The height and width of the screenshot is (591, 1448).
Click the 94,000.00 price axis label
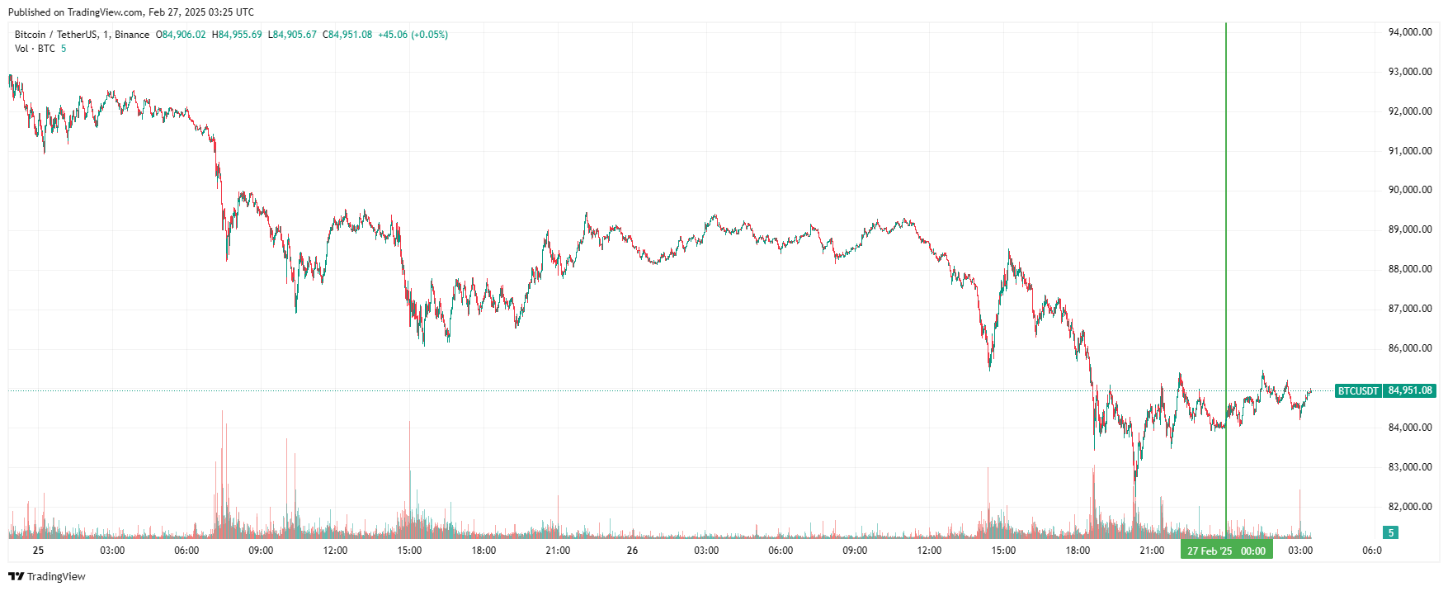(1409, 32)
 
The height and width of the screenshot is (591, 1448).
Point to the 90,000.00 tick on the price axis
(1409, 190)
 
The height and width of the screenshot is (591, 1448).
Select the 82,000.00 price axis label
(1409, 507)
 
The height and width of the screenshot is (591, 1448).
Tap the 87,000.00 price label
(1409, 309)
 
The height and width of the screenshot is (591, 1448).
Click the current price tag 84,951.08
(1410, 390)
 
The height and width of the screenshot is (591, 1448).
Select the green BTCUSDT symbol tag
(1358, 390)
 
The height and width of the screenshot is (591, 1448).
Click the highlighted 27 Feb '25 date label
(1210, 551)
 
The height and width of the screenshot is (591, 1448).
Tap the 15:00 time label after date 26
(1003, 551)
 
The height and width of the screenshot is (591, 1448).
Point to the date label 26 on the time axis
(632, 551)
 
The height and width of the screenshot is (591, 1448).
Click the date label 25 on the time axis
(38, 551)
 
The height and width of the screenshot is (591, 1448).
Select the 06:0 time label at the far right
(1371, 551)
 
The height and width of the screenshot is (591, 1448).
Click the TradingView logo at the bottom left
(47, 576)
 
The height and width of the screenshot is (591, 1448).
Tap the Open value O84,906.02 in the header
(181, 35)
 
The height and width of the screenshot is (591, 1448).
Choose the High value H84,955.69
(237, 35)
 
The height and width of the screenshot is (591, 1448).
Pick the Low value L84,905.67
(292, 35)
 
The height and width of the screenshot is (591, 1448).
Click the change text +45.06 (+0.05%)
(413, 35)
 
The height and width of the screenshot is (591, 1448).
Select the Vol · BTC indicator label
(35, 49)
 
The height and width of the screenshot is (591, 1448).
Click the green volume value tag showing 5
(1390, 532)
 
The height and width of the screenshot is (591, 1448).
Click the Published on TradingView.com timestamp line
(131, 12)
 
